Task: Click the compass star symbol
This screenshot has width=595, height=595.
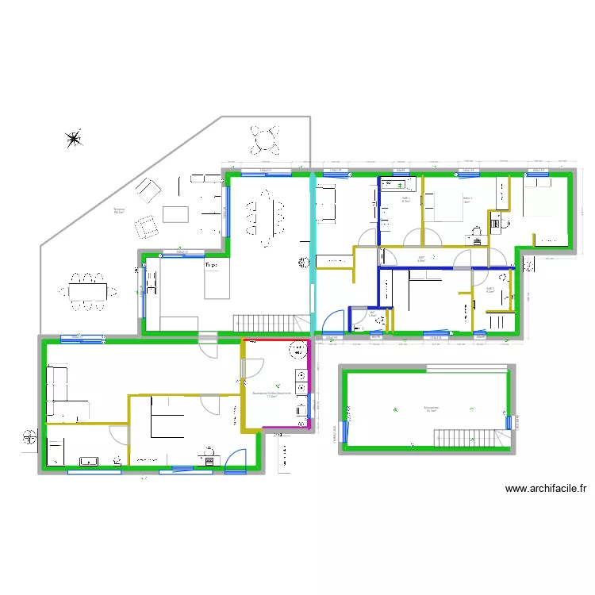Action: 74,140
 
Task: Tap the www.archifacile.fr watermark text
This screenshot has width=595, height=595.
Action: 550,489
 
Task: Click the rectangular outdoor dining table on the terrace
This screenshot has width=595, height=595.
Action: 86,290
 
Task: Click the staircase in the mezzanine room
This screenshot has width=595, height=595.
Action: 463,437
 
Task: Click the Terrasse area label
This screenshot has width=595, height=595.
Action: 120,211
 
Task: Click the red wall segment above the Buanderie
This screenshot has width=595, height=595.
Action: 276,340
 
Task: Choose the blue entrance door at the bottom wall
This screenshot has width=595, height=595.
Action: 236,464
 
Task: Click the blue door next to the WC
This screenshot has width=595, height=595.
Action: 335,320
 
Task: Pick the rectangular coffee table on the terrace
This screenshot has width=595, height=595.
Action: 175,214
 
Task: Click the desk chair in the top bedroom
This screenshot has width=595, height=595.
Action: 476,232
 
